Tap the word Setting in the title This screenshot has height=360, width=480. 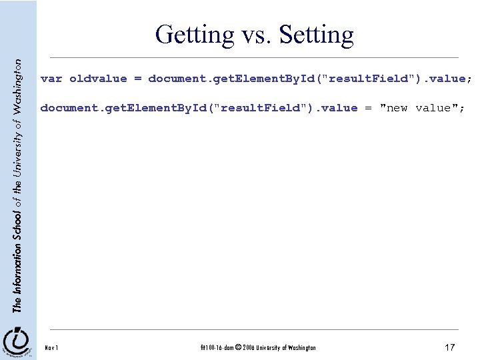click(x=316, y=34)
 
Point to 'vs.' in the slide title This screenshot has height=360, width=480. click(x=255, y=35)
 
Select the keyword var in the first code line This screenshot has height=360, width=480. click(x=51, y=79)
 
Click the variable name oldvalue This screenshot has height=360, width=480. click(x=98, y=79)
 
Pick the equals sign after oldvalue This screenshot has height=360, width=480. click(x=137, y=79)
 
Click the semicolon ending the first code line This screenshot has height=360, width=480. click(x=470, y=79)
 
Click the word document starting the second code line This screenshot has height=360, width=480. click(x=66, y=108)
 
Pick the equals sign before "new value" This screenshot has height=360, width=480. click(x=369, y=108)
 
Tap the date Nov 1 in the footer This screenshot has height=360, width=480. click(x=51, y=347)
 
